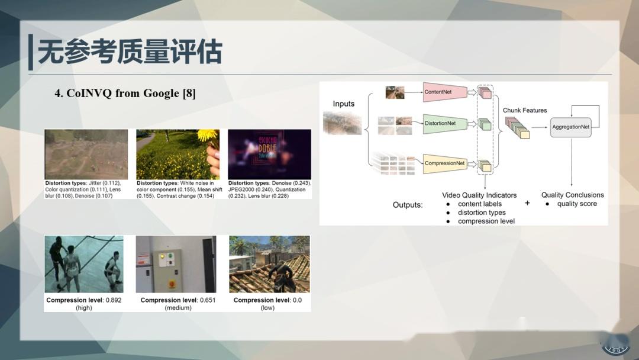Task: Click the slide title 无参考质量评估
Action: point(130,52)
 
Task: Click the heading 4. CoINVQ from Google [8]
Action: point(125,94)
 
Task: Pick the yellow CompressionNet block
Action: point(444,163)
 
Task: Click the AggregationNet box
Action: point(570,127)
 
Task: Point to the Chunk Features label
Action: point(525,110)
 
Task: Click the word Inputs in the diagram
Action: point(344,104)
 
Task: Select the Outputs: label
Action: point(408,205)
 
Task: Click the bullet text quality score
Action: point(577,204)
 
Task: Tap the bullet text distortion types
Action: point(482,213)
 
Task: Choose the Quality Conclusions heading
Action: point(572,195)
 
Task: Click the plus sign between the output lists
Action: point(527,203)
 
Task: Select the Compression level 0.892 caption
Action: point(84,304)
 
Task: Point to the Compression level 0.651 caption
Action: point(177,304)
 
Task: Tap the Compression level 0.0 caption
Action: point(267,304)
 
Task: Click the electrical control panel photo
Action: point(176,264)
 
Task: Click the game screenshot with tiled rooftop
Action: point(269,264)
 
